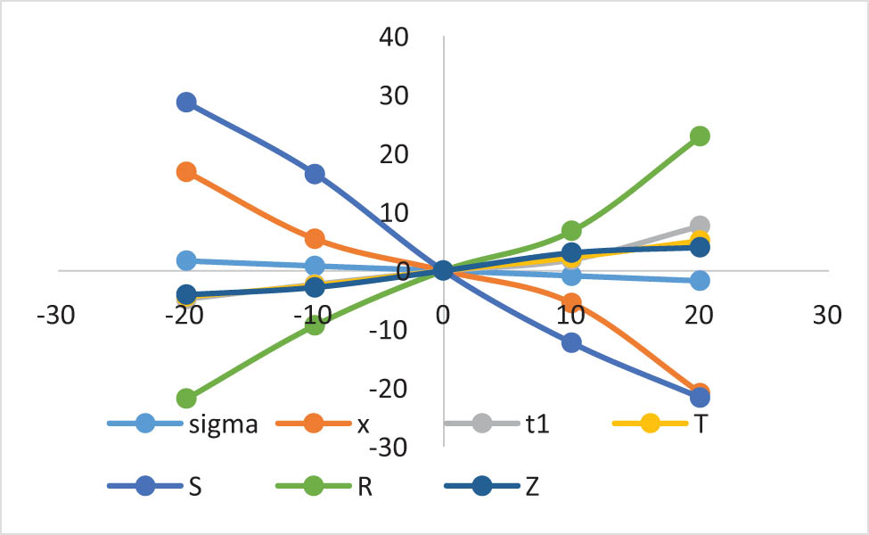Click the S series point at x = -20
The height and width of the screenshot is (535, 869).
tap(186, 102)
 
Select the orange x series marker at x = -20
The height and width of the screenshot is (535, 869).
tap(186, 172)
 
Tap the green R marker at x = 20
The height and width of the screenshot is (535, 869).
tap(700, 136)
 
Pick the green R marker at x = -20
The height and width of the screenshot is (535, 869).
tap(186, 398)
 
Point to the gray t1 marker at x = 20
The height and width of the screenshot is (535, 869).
tap(700, 226)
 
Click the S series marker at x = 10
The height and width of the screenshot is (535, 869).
tap(571, 342)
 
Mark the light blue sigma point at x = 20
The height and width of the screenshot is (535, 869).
tap(700, 280)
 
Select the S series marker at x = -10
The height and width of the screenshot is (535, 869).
tap(315, 174)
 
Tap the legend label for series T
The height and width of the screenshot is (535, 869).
tap(701, 424)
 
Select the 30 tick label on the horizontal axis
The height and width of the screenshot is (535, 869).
tap(828, 317)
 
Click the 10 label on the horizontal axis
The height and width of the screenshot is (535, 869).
tap(571, 317)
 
